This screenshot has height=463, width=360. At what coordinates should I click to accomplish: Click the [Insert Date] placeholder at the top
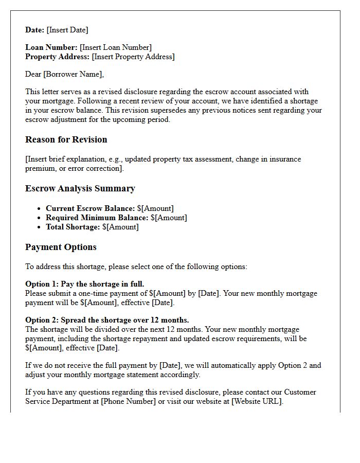67,30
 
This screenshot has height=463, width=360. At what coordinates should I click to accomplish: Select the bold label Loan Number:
51,48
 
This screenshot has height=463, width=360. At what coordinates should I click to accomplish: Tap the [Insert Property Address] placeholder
133,57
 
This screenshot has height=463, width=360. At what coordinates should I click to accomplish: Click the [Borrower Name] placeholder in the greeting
73,74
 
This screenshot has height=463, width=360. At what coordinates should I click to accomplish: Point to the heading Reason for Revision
66,139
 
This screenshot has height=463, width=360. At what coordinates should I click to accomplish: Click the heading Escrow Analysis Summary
80,188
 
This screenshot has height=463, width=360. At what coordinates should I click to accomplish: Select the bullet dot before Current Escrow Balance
40,208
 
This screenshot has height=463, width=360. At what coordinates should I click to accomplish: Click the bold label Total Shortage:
73,227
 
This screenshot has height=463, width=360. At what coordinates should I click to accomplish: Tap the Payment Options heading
61,247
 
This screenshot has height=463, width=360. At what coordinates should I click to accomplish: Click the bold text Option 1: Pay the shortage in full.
85,284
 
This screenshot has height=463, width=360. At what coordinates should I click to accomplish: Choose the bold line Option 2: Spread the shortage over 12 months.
107,320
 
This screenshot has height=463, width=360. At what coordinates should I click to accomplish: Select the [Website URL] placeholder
257,401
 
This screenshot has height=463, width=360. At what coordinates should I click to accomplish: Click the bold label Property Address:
57,57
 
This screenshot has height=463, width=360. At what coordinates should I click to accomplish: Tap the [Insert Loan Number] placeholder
116,48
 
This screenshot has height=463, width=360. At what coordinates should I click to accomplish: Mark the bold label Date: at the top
35,30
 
